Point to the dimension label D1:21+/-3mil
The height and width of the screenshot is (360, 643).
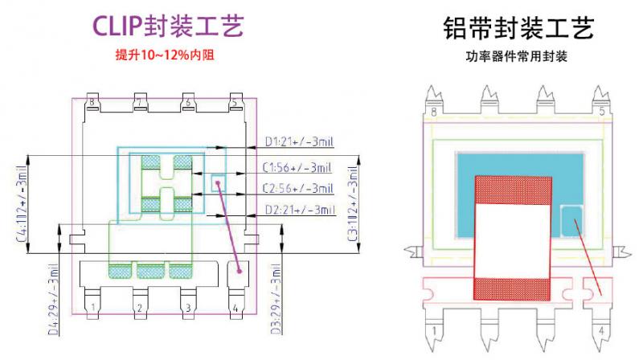[x=300, y=143]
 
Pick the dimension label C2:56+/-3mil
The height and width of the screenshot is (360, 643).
[x=300, y=188]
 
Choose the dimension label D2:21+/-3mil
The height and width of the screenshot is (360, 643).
[x=300, y=210]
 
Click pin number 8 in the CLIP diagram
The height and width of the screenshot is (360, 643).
[x=93, y=103]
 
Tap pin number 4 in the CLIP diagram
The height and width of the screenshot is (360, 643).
[x=234, y=308]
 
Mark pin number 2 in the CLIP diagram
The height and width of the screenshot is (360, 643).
[x=139, y=308]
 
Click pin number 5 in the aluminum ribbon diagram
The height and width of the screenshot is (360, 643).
[x=603, y=112]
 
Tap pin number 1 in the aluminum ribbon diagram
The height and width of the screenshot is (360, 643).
[x=435, y=329]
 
